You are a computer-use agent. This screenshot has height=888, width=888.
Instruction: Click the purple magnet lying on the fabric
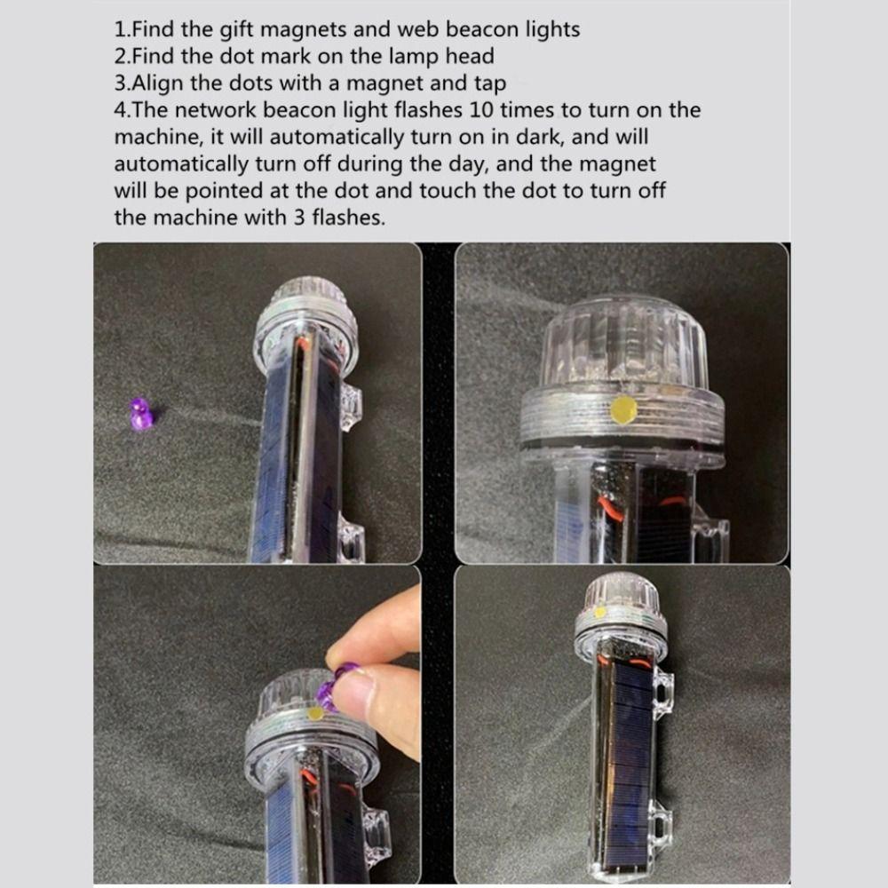click(141, 415)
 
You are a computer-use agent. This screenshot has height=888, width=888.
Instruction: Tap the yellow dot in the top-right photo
click(623, 409)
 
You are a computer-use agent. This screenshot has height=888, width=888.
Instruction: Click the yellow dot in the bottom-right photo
click(600, 612)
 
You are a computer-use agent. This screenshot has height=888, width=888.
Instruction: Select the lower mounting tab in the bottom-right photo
click(662, 818)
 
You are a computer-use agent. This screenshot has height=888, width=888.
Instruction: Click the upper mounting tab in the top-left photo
click(351, 405)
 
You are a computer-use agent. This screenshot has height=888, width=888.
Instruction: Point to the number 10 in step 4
click(512, 111)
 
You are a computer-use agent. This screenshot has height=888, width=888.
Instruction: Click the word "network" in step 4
click(211, 111)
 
